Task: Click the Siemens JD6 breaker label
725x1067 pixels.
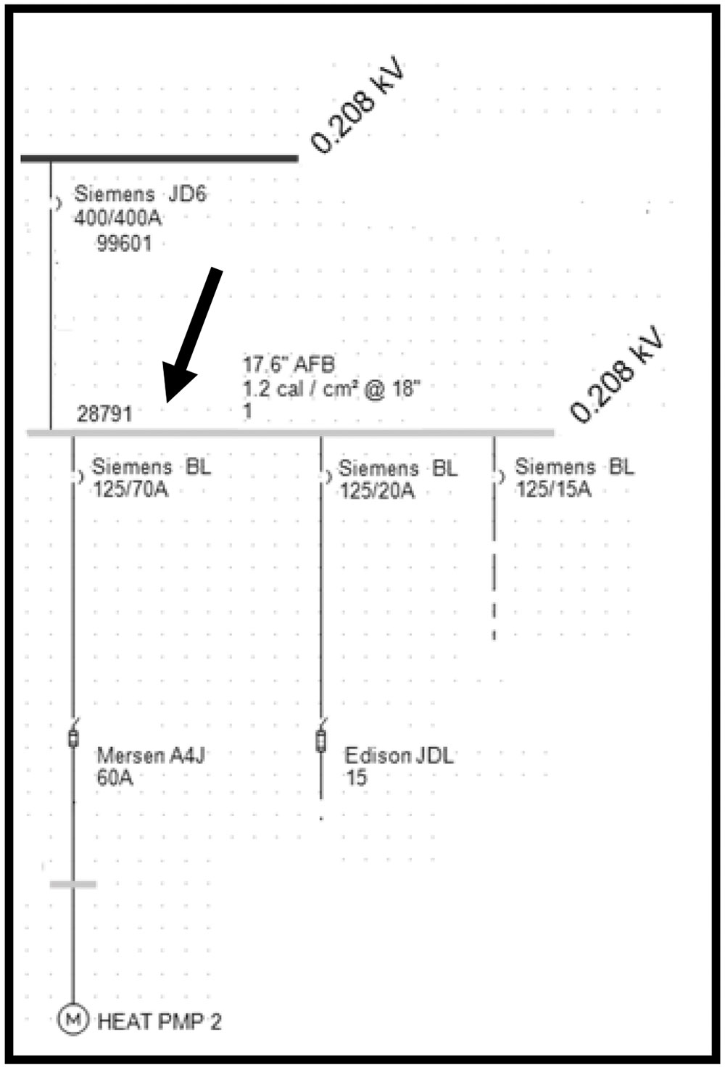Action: click(140, 194)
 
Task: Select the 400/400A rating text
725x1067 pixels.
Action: click(117, 218)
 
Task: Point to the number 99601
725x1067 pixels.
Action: click(124, 244)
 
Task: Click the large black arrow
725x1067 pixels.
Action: click(192, 335)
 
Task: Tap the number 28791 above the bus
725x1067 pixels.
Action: click(104, 414)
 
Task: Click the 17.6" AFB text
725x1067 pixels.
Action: click(289, 364)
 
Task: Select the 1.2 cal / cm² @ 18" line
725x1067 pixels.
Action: click(332, 389)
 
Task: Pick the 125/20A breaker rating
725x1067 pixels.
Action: click(377, 490)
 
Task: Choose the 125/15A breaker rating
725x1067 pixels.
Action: click(554, 489)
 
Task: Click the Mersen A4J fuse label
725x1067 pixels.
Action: click(151, 756)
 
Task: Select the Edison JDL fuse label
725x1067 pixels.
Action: click(399, 756)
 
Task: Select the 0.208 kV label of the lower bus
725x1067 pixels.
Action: click(616, 374)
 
